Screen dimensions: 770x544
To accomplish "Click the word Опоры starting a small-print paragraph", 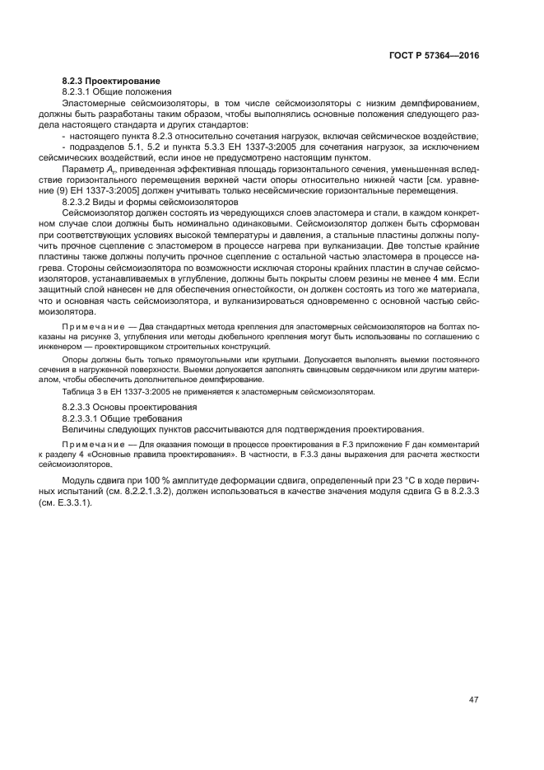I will click(x=78, y=359).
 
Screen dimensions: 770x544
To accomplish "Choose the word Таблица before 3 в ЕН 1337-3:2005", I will click(x=81, y=391).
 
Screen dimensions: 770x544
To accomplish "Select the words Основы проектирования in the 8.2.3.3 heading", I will click(x=152, y=408).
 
